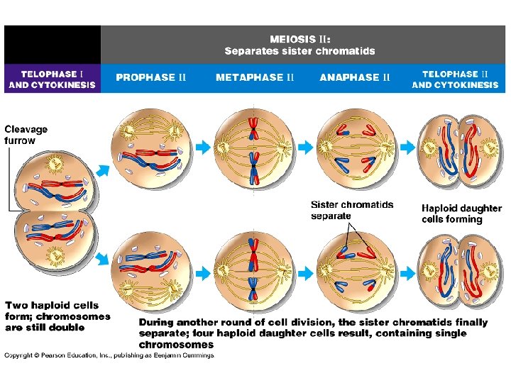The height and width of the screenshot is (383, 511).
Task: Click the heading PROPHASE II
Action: (x=151, y=77)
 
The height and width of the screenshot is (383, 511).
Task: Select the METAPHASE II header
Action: (x=255, y=77)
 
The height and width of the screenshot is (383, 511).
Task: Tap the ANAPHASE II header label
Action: (x=355, y=77)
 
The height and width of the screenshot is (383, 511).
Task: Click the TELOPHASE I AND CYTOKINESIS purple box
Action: (x=51, y=79)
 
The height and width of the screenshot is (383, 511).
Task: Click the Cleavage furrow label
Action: (x=26, y=135)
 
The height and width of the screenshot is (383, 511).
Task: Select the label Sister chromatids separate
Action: (x=352, y=210)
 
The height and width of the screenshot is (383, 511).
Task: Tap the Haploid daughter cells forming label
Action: (x=461, y=213)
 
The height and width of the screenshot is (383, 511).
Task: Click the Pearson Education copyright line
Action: (x=109, y=355)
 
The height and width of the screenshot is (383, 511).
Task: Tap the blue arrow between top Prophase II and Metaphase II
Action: (x=204, y=147)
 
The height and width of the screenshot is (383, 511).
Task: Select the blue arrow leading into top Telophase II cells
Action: (x=405, y=147)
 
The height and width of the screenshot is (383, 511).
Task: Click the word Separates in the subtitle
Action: (x=249, y=51)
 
